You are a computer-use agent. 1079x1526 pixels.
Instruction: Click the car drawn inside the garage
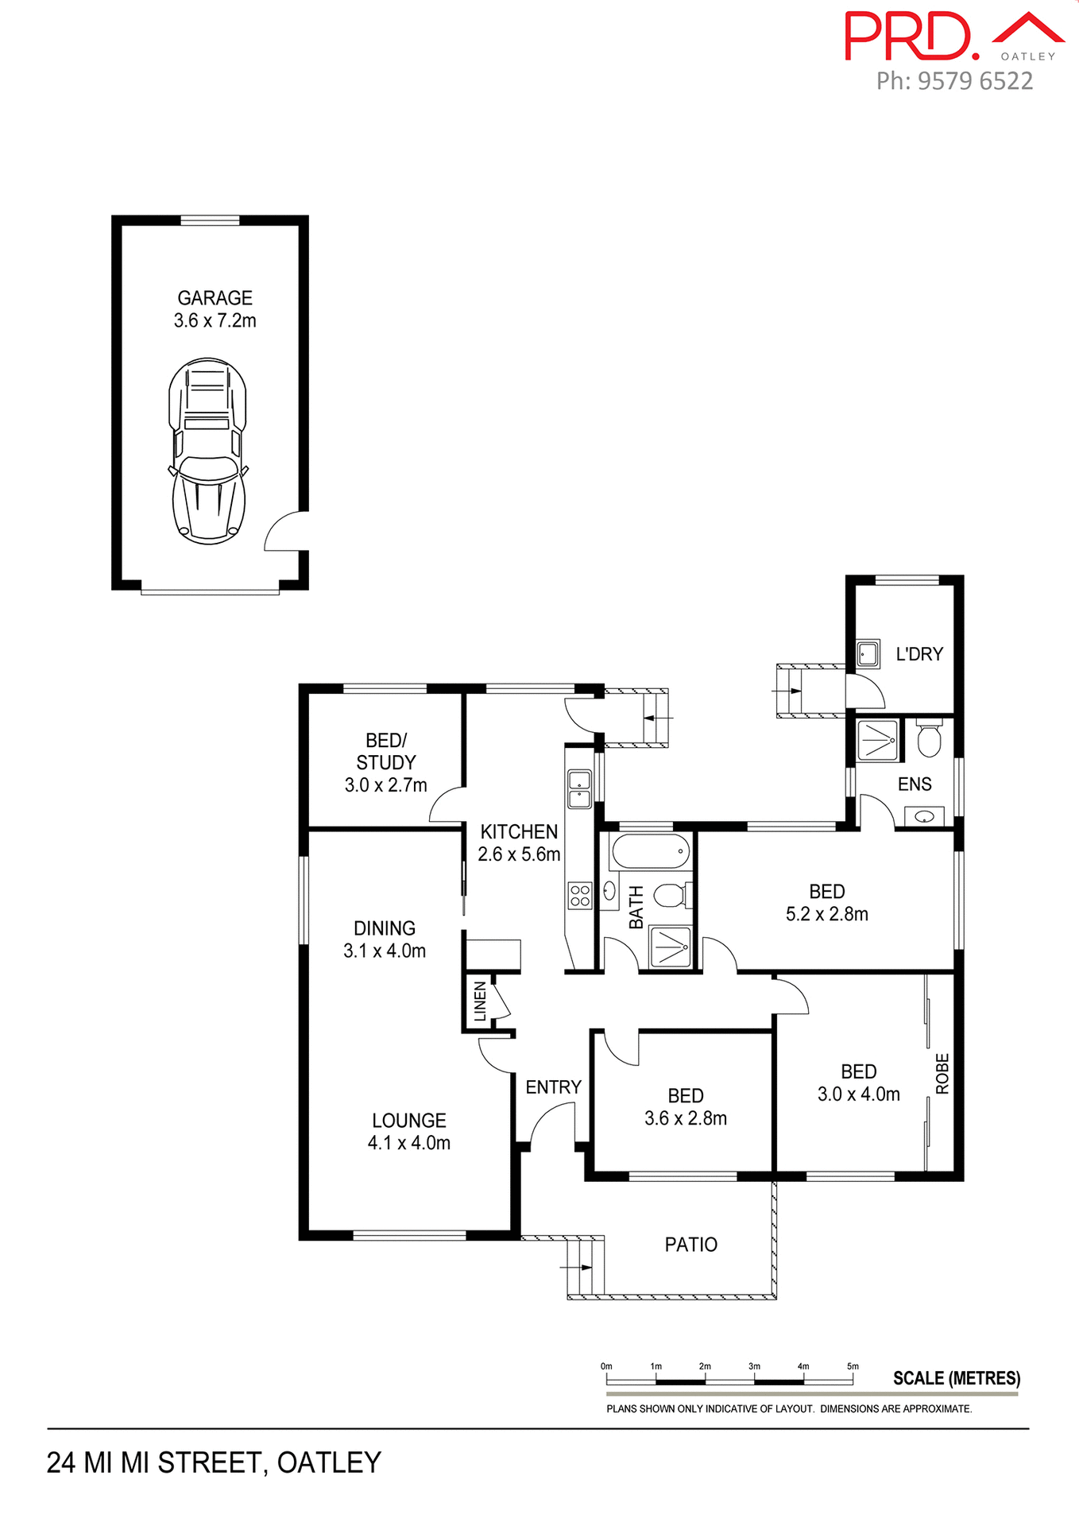208,451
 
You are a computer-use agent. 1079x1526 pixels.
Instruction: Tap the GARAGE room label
215,298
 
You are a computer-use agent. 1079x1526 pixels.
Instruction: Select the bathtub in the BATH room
649,852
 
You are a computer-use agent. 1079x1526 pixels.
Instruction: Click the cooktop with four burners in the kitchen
580,896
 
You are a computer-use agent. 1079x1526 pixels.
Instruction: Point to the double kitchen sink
579,788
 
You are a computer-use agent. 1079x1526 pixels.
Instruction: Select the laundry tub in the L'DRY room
868,654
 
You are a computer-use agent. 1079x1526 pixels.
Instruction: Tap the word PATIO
690,1244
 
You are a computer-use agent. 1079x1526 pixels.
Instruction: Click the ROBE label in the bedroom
942,1073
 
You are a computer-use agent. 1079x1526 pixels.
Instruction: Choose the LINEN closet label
480,1001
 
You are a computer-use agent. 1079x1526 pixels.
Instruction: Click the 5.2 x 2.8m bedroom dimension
826,914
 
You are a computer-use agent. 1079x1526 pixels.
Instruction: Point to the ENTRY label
553,1086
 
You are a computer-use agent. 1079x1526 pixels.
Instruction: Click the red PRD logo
911,37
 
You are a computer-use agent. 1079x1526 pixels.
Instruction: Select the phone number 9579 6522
975,81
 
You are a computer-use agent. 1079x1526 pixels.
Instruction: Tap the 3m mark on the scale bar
754,1366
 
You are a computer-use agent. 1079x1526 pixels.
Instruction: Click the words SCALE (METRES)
956,1377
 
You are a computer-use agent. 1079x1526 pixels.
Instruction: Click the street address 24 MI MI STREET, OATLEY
214,1462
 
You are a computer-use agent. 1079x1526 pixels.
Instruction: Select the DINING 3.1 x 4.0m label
385,939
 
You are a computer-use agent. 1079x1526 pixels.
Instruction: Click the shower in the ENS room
878,740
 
